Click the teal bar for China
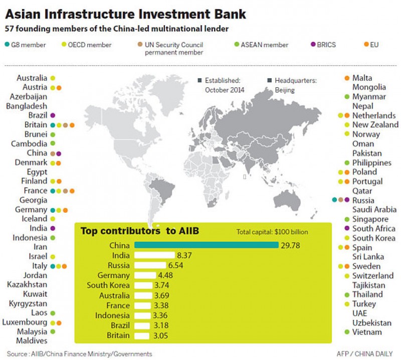[206, 245]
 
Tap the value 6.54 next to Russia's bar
[175, 265]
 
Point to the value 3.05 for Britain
[160, 335]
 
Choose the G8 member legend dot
[7, 45]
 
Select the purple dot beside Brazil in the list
[53, 115]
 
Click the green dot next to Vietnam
[347, 332]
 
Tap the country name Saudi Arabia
[374, 210]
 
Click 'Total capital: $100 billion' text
[272, 232]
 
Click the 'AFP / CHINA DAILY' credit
[366, 353]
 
